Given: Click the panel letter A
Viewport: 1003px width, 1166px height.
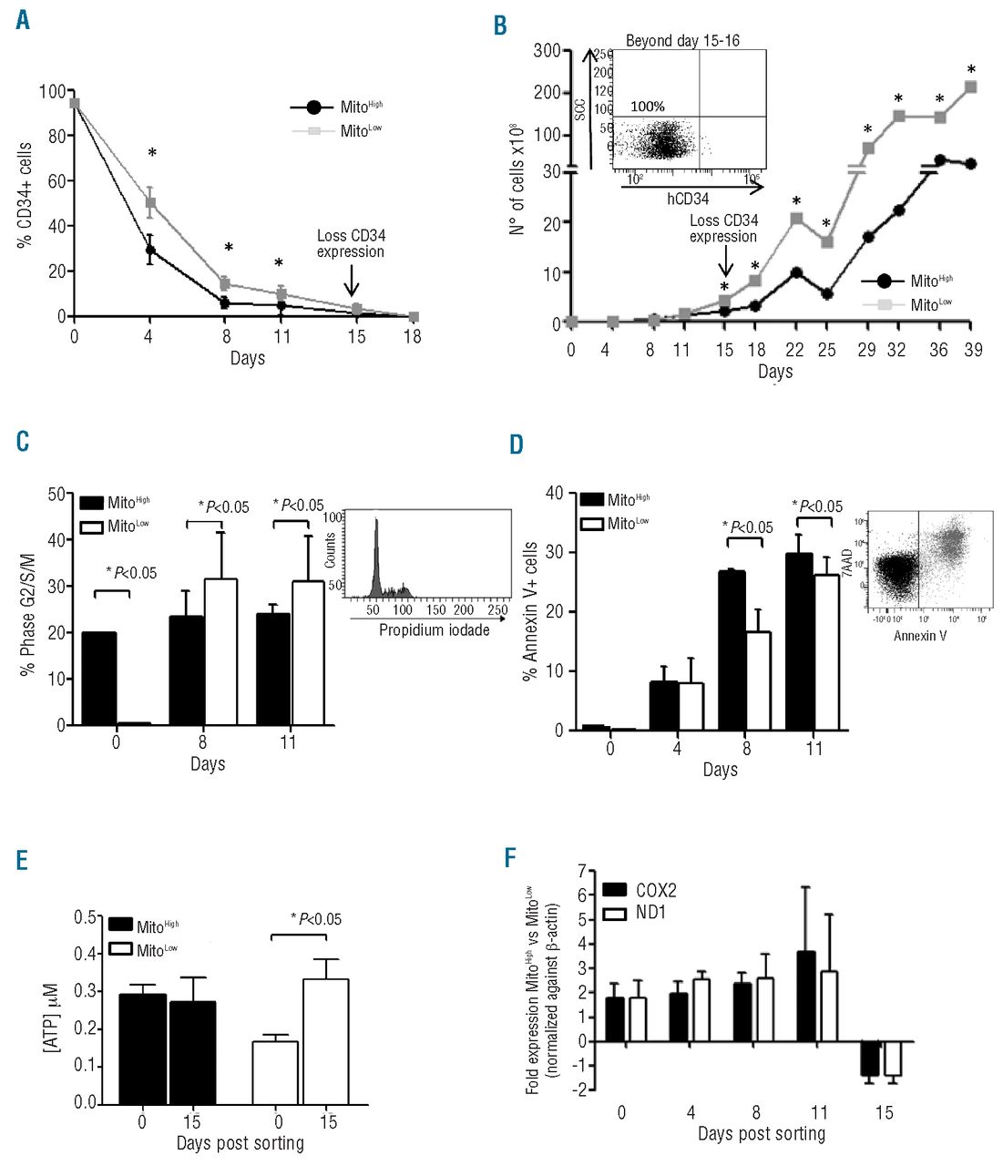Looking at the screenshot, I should pos(22,19).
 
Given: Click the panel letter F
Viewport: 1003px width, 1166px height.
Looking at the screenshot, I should pos(512,858).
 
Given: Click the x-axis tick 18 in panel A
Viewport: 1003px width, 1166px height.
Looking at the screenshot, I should pos(413,336).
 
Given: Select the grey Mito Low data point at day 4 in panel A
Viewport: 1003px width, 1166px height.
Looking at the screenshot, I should pos(150,203).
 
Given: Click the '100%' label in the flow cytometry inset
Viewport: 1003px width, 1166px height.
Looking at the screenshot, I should pos(648,106).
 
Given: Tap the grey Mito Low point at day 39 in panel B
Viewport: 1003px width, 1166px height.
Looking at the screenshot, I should pos(970,87).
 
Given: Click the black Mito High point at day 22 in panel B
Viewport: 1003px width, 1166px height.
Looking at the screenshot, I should pos(796,272).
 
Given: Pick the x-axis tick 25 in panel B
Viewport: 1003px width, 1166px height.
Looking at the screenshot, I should pos(826,350).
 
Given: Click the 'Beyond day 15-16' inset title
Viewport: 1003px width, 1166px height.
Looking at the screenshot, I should pos(682,41).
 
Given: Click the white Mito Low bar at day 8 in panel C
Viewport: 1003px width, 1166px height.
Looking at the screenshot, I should pos(220,651).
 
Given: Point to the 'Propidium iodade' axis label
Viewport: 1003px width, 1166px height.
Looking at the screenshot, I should pos(434,629).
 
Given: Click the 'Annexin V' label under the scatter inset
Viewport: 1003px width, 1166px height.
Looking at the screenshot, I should pos(920,635).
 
